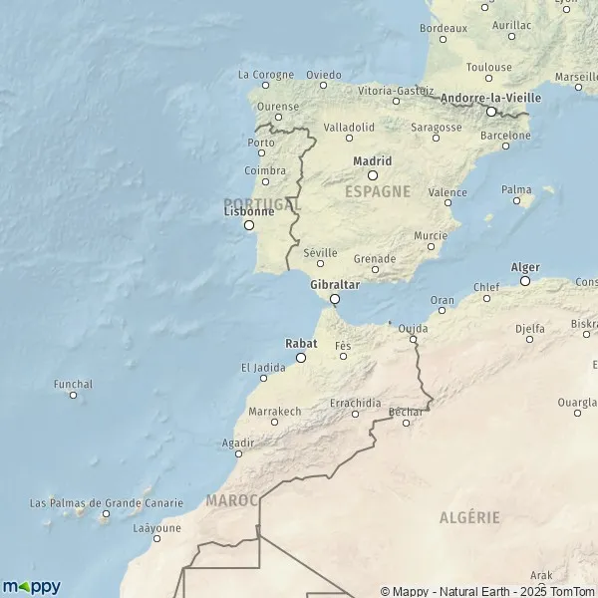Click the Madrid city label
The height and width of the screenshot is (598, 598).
373,160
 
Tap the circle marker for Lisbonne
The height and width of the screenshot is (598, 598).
249,225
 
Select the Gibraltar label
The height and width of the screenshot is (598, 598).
335,284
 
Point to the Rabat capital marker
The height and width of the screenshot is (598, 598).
301,357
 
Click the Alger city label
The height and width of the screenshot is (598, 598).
525,267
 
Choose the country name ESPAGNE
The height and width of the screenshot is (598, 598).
378,190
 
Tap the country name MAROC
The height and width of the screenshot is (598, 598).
231,498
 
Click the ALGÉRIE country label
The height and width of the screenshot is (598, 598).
469,517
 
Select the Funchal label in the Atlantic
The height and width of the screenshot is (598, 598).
74,384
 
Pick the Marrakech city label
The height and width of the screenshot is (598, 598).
275,411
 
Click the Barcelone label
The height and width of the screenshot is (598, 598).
506,135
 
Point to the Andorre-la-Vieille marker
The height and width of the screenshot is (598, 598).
490,112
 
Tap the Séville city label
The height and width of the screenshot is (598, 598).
320,253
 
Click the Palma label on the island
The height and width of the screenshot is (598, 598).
516,189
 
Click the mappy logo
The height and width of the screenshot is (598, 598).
31,586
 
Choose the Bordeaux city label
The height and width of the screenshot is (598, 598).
445,28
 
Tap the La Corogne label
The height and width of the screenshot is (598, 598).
266,74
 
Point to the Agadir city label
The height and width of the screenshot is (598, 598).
238,442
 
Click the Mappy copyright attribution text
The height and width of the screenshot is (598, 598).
487,591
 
